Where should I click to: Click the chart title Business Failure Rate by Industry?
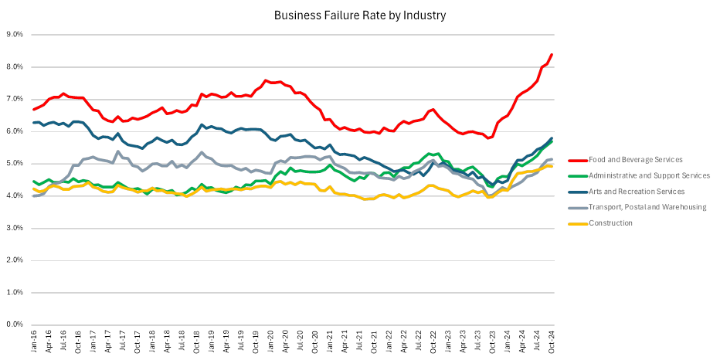click(x=359, y=15)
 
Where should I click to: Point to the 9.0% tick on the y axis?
click(x=14, y=35)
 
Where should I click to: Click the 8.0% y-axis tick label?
click(x=14, y=67)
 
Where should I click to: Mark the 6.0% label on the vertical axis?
click(x=14, y=131)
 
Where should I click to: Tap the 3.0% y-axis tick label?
click(x=14, y=229)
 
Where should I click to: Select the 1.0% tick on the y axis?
click(x=14, y=293)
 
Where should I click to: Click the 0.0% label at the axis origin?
click(x=14, y=325)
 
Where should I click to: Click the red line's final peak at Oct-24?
click(x=552, y=54)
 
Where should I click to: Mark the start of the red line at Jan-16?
click(x=33, y=110)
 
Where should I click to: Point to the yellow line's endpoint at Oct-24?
click(x=552, y=166)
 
